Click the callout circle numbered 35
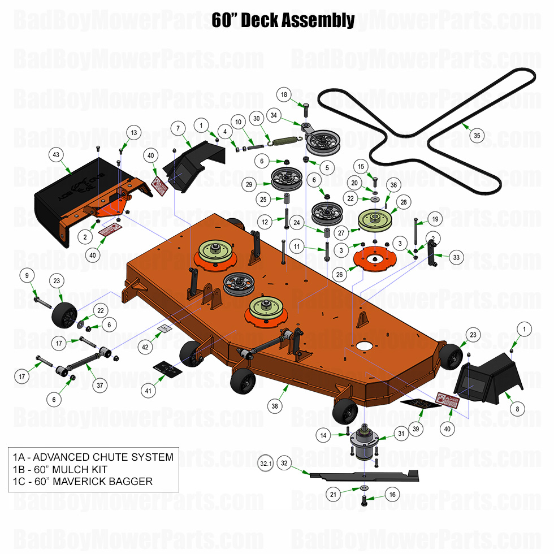[477, 136]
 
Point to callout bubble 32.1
[265, 464]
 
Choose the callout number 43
[56, 154]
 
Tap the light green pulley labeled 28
[376, 219]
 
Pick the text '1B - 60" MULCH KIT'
[59, 469]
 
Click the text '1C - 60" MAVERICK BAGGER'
[83, 482]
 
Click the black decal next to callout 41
[167, 368]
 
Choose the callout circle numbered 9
[27, 276]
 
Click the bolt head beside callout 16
[364, 500]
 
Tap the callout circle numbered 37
[99, 385]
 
